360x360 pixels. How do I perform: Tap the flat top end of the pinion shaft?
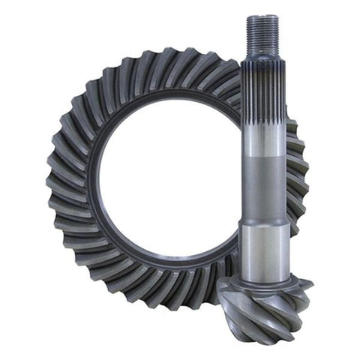click(262, 16)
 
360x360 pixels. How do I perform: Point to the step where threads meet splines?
click(262, 61)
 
